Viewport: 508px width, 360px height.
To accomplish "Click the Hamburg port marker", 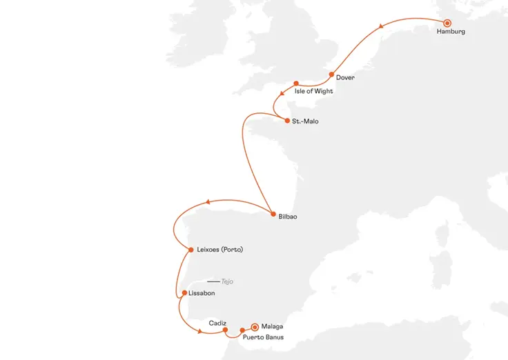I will (x=447, y=23).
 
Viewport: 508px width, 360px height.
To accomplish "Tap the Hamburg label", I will (x=451, y=32).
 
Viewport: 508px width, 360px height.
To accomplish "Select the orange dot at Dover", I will (x=332, y=74).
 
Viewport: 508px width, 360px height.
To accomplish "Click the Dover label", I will (x=345, y=78).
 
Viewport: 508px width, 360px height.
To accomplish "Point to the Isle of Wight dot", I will (x=295, y=83).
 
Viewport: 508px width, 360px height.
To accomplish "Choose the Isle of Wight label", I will (x=313, y=91).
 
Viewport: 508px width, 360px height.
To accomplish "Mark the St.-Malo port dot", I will (x=287, y=121).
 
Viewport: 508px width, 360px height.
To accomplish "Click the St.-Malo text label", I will (x=306, y=121).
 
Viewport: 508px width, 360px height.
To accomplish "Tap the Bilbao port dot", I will (x=273, y=214).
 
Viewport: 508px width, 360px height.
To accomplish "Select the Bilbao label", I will (x=288, y=217).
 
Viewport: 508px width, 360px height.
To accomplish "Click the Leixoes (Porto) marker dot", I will (x=190, y=250).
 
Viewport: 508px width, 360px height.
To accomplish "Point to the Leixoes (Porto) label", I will (x=220, y=250).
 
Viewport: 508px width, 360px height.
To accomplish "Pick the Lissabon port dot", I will (x=184, y=292).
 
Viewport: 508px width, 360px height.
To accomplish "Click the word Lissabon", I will (x=201, y=293).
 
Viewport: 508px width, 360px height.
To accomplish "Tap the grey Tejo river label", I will (x=228, y=281).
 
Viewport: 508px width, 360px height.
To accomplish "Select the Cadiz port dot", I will (x=226, y=330).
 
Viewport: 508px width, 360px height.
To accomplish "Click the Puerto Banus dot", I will (x=242, y=330).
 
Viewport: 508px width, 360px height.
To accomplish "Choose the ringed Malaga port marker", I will (x=255, y=326).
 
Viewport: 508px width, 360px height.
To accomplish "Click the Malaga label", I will (x=273, y=326).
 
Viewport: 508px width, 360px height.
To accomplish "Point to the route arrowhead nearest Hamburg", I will (x=380, y=27).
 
